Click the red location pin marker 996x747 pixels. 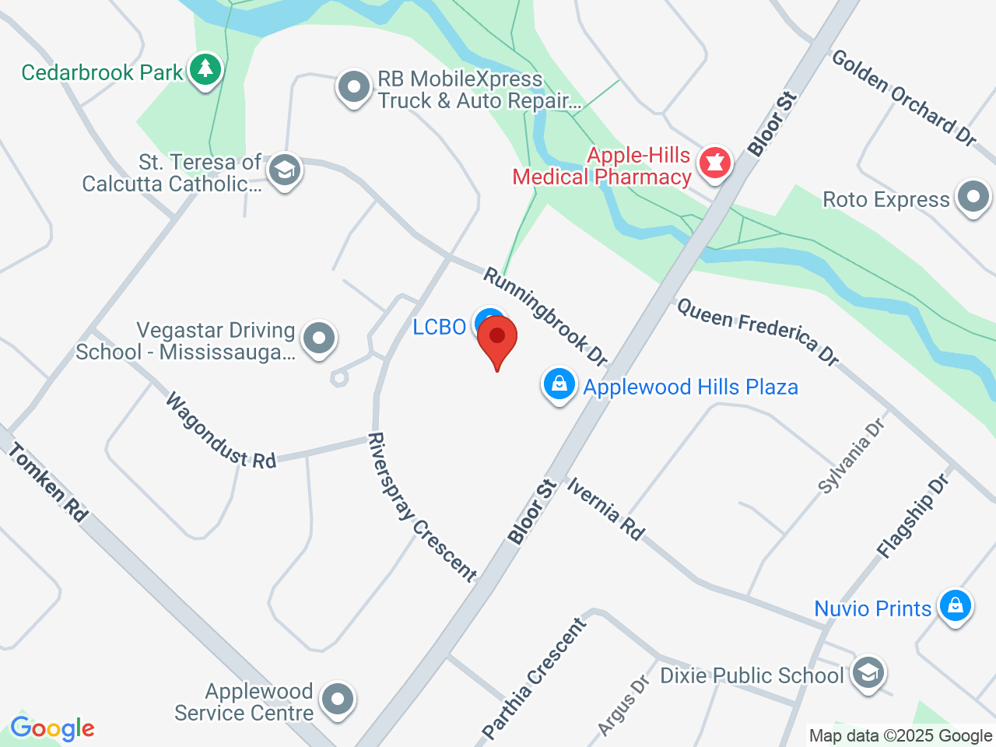coord(497,342)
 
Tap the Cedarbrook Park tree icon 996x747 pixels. coord(205,70)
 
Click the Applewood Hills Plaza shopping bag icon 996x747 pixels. coord(559,384)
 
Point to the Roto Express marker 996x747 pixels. coord(973,198)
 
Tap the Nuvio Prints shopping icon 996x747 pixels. coord(955,605)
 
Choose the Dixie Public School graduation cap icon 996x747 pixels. coord(868,672)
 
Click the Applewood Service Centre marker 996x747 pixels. coord(338,699)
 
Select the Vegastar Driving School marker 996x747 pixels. coord(318,338)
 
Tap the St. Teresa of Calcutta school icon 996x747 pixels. coord(284,170)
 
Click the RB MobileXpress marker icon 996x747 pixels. coord(354,87)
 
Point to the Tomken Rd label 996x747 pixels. coord(48,482)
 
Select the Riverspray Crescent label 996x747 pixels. coord(421,507)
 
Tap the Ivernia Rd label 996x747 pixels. coord(605,509)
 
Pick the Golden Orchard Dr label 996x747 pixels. coord(904,98)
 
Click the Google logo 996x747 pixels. coord(52,728)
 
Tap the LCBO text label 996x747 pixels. coord(439,327)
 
